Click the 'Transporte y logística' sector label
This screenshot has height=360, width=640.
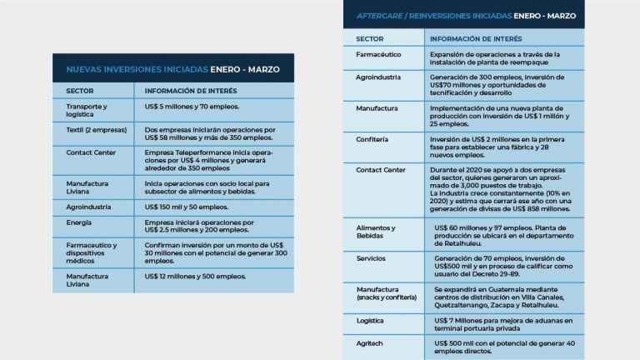tap(87, 110)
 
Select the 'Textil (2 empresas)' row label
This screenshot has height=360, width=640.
tap(94, 130)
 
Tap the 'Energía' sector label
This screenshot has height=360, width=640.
tap(79, 222)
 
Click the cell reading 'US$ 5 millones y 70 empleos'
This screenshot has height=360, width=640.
tap(192, 107)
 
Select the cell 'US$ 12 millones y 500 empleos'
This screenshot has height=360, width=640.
tap(195, 276)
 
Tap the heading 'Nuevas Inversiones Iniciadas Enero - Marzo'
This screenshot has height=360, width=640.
tap(172, 69)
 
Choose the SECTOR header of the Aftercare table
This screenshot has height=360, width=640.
tap(369, 39)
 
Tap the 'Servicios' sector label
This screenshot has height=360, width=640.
tap(372, 258)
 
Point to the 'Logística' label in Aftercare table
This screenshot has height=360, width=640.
tap(371, 320)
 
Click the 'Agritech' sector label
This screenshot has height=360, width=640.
tap(370, 342)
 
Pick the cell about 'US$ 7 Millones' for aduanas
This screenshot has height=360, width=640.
tap(503, 325)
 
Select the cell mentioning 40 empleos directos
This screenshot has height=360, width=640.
tap(503, 347)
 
